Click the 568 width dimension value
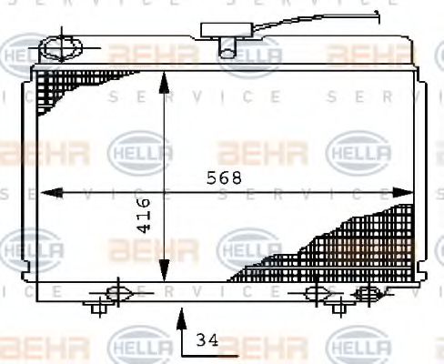tap(224, 178)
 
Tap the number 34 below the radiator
tap(207, 341)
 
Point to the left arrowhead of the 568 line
tap(45, 192)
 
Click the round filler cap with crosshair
tap(61, 45)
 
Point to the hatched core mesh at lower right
tap(346, 246)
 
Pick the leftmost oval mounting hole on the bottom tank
tap(116, 292)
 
